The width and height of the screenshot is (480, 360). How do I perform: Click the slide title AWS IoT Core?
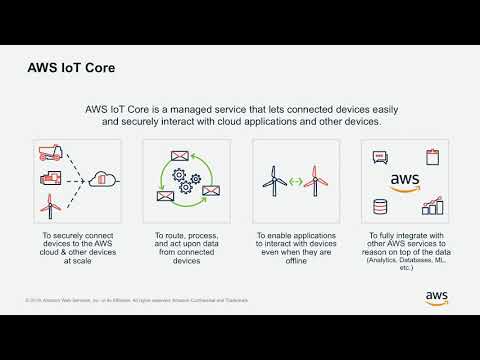70,71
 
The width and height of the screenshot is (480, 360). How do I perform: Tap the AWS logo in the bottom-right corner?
436,297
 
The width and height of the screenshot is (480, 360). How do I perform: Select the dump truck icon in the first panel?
48,152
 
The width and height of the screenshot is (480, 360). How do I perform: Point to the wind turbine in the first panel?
48,206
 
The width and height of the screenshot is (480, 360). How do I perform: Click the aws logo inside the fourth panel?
405,181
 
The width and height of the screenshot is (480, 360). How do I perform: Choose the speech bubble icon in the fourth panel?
380,157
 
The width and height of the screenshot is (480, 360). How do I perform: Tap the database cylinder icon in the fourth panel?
380,207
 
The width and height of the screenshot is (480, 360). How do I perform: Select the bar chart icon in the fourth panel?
433,206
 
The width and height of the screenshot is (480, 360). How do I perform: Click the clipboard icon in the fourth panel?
433,156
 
